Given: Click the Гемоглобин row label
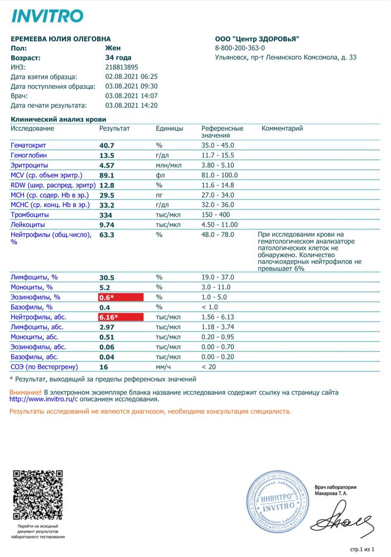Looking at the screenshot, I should pyautogui.click(x=28, y=155).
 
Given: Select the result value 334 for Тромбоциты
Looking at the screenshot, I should pyautogui.click(x=106, y=215).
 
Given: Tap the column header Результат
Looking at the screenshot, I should pyautogui.click(x=114, y=129).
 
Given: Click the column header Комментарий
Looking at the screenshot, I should pyautogui.click(x=282, y=129).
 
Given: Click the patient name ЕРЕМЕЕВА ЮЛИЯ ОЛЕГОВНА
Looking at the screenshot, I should pyautogui.click(x=65, y=38).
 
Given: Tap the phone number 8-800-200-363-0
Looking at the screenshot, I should pyautogui.click(x=240, y=48).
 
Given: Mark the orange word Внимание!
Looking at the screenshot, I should pyautogui.click(x=26, y=392).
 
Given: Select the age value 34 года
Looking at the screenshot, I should pyautogui.click(x=118, y=57).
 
